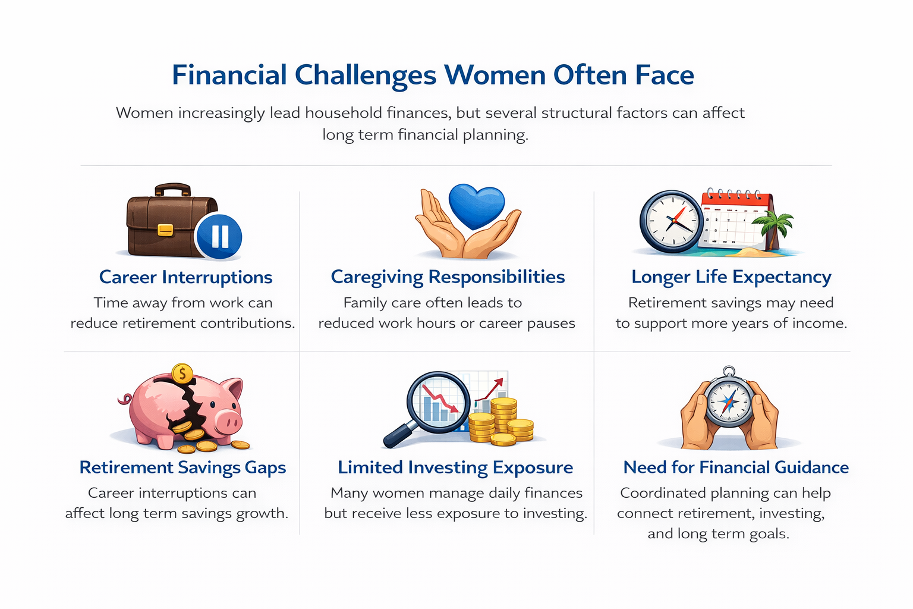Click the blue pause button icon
(219, 236)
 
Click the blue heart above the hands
(476, 206)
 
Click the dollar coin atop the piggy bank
(182, 374)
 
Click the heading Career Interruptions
(185, 277)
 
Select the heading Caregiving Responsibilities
(448, 277)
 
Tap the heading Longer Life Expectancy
(731, 277)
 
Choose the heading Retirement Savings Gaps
(182, 467)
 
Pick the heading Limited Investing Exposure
(455, 467)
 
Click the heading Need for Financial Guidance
(735, 467)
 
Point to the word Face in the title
(664, 76)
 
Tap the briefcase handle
(173, 189)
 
